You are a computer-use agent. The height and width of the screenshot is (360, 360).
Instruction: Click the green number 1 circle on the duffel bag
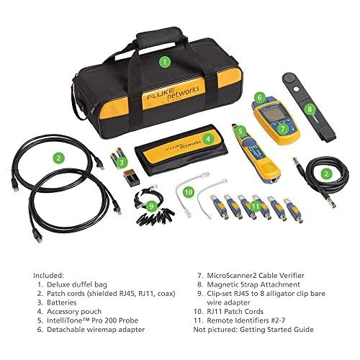coord(165,62)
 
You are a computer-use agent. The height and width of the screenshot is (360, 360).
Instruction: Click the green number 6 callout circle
coord(258,96)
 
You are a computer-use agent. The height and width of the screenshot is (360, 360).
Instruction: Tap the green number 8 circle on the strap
coord(310,110)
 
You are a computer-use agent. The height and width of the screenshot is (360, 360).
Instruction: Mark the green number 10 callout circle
coord(189,193)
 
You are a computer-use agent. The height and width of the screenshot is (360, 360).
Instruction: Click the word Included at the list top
coord(48,274)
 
